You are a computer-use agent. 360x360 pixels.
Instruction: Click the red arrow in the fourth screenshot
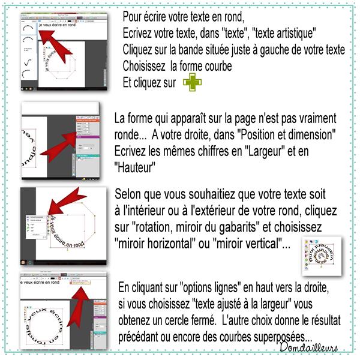click(71, 301)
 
